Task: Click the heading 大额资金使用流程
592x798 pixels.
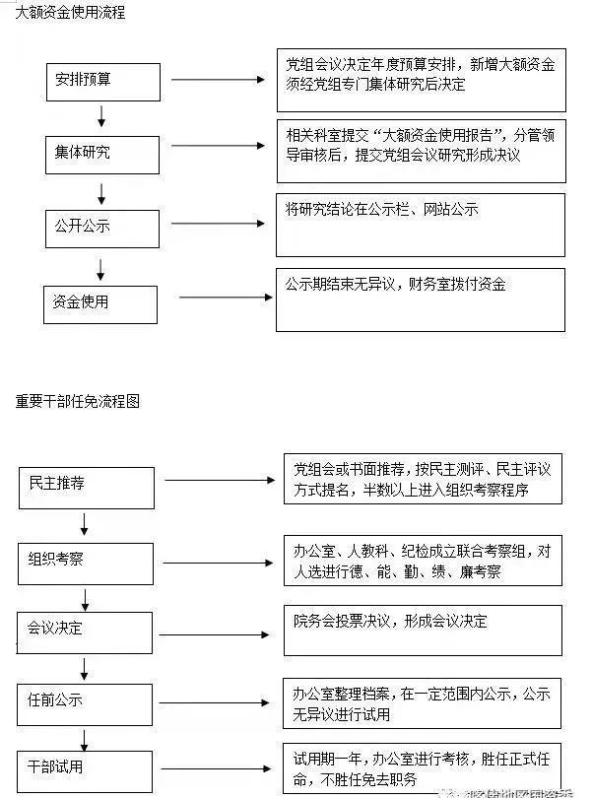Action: [70, 14]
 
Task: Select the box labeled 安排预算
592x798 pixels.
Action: [103, 82]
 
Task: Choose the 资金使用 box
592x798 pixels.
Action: [102, 303]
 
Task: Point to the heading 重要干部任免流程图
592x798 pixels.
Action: [78, 402]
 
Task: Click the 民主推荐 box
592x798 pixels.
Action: [87, 487]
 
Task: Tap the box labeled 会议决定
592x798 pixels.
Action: [86, 632]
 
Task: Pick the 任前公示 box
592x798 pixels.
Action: [86, 701]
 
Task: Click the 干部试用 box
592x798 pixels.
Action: [86, 768]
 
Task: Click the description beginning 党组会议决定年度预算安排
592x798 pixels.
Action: [421, 75]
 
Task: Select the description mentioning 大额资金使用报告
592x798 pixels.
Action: [421, 146]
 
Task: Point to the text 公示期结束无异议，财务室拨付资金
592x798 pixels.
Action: [395, 285]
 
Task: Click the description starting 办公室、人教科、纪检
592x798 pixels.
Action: [423, 562]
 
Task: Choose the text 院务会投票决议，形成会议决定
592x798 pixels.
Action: [390, 622]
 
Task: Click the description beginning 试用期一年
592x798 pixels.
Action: [424, 768]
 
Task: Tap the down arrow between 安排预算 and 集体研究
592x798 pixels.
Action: [101, 118]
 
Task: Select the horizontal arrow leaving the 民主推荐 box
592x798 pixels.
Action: [218, 482]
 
